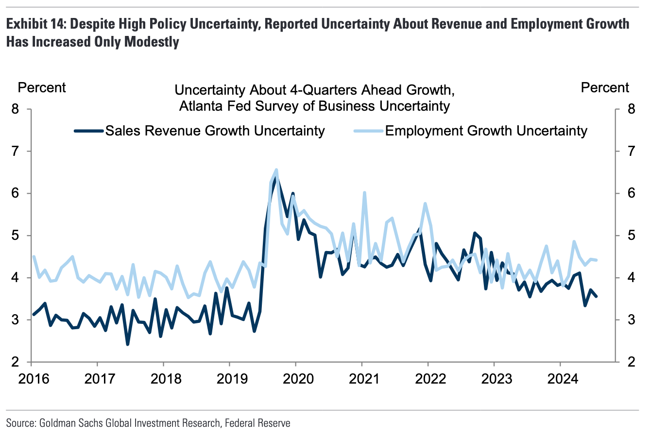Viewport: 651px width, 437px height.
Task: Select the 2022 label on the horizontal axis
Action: pyautogui.click(x=430, y=378)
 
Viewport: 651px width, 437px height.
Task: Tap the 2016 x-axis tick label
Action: pyautogui.click(x=34, y=378)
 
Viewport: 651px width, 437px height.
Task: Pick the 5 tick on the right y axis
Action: pyautogui.click(x=631, y=236)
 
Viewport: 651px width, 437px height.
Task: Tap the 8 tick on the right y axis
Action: pyautogui.click(x=631, y=109)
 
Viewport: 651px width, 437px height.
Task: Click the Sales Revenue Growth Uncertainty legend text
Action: pyautogui.click(x=215, y=131)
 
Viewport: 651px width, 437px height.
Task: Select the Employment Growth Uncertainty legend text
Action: pyautogui.click(x=486, y=131)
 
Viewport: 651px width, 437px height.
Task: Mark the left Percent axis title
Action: pyautogui.click(x=41, y=88)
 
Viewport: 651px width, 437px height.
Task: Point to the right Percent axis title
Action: pyautogui.click(x=605, y=88)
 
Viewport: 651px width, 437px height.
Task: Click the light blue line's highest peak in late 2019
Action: pyautogui.click(x=276, y=170)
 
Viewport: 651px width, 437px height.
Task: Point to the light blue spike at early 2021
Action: pyautogui.click(x=364, y=193)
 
